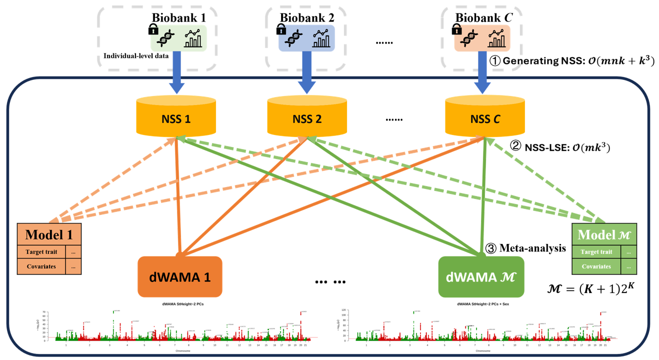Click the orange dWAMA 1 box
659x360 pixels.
pos(179,276)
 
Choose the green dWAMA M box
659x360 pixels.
pos(481,276)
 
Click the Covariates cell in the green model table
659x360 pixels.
pos(596,266)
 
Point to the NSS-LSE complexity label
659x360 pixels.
pos(559,147)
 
